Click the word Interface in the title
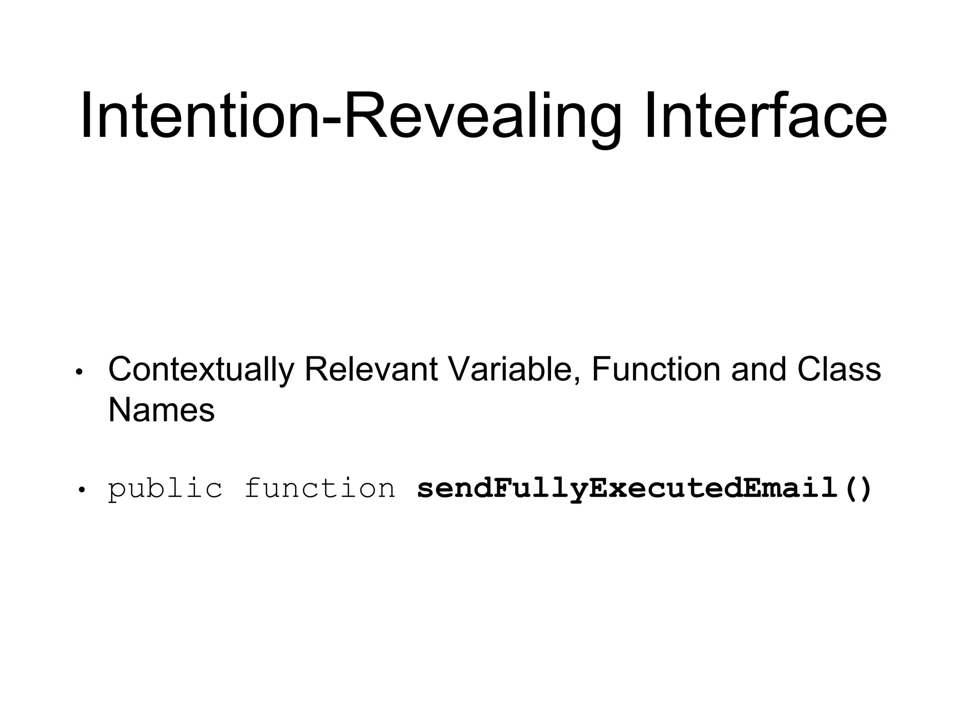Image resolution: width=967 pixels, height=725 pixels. click(765, 116)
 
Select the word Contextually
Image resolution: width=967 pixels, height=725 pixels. click(201, 370)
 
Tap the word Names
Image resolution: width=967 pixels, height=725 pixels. click(161, 410)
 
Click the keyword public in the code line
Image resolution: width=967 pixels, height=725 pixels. click(165, 489)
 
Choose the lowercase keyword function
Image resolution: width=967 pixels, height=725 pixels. click(320, 488)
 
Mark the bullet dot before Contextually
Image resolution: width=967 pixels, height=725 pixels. click(79, 372)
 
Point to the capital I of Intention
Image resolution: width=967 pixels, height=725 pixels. click(87, 116)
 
